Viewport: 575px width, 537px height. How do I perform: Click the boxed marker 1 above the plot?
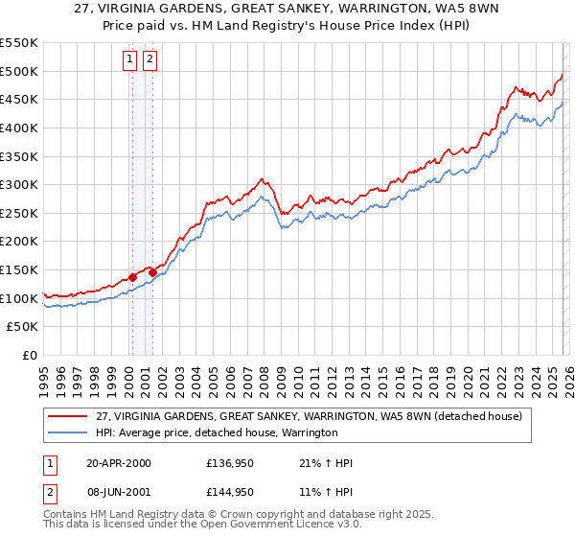(x=131, y=59)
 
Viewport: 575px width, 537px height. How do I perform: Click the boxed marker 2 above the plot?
(x=150, y=59)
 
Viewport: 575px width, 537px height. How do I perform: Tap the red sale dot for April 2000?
(x=132, y=277)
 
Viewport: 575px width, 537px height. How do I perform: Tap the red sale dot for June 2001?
(x=152, y=272)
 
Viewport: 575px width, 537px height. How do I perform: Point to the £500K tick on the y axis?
(x=19, y=71)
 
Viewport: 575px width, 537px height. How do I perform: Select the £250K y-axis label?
(x=19, y=213)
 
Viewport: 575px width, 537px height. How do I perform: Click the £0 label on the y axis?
(x=31, y=355)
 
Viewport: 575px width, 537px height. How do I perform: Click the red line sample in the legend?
(x=68, y=416)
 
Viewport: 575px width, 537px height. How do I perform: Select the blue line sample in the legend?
(x=68, y=433)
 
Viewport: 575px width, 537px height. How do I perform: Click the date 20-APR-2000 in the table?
(x=118, y=463)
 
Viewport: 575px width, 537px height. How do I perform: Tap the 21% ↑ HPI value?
(x=326, y=463)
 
